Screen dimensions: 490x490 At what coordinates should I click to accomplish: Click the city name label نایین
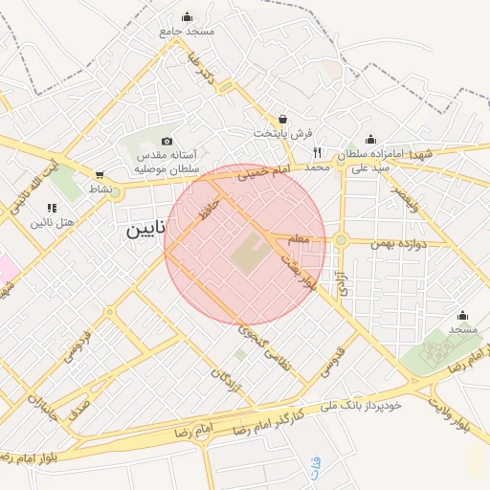tap(147, 230)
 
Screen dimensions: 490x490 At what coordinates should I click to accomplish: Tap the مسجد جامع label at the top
tap(189, 31)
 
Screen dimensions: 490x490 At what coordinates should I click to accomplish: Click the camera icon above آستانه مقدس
tap(167, 141)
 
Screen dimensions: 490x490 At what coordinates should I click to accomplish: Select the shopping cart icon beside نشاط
tap(100, 175)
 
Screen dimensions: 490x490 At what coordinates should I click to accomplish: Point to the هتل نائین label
tap(53, 222)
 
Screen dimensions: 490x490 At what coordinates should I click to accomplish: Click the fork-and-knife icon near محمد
tap(317, 152)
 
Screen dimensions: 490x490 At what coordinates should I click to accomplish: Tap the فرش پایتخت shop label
tap(282, 133)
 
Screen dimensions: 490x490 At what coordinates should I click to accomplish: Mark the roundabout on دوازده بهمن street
tap(341, 240)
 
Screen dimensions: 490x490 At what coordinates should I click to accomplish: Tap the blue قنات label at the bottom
tap(316, 467)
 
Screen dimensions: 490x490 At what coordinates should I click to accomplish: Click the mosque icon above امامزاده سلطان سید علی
tap(370, 139)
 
